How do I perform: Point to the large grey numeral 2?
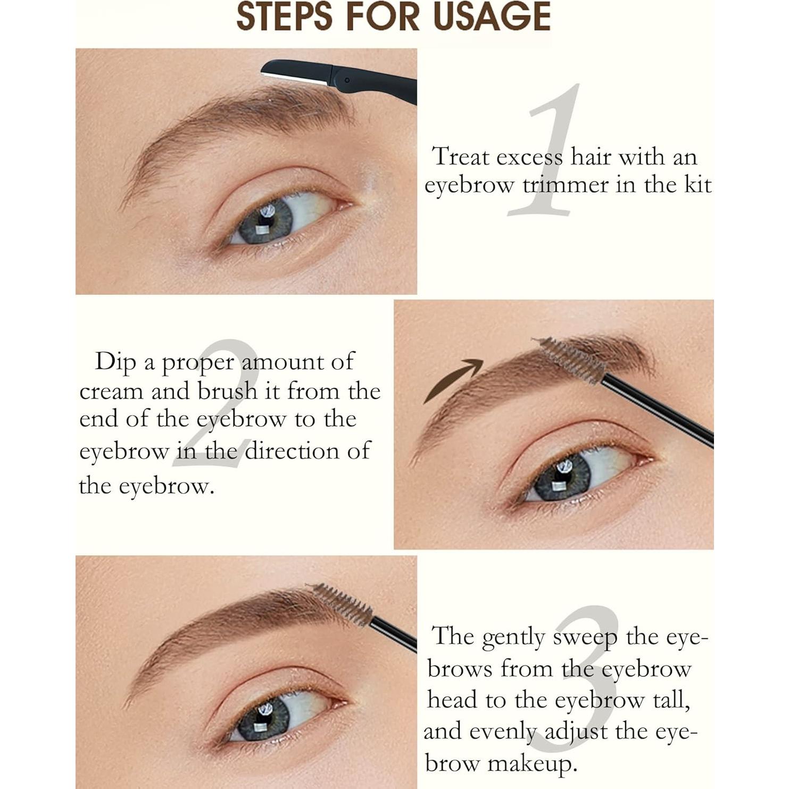[x=218, y=404]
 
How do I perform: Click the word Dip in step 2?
[x=115, y=362]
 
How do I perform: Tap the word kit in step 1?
[x=697, y=185]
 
